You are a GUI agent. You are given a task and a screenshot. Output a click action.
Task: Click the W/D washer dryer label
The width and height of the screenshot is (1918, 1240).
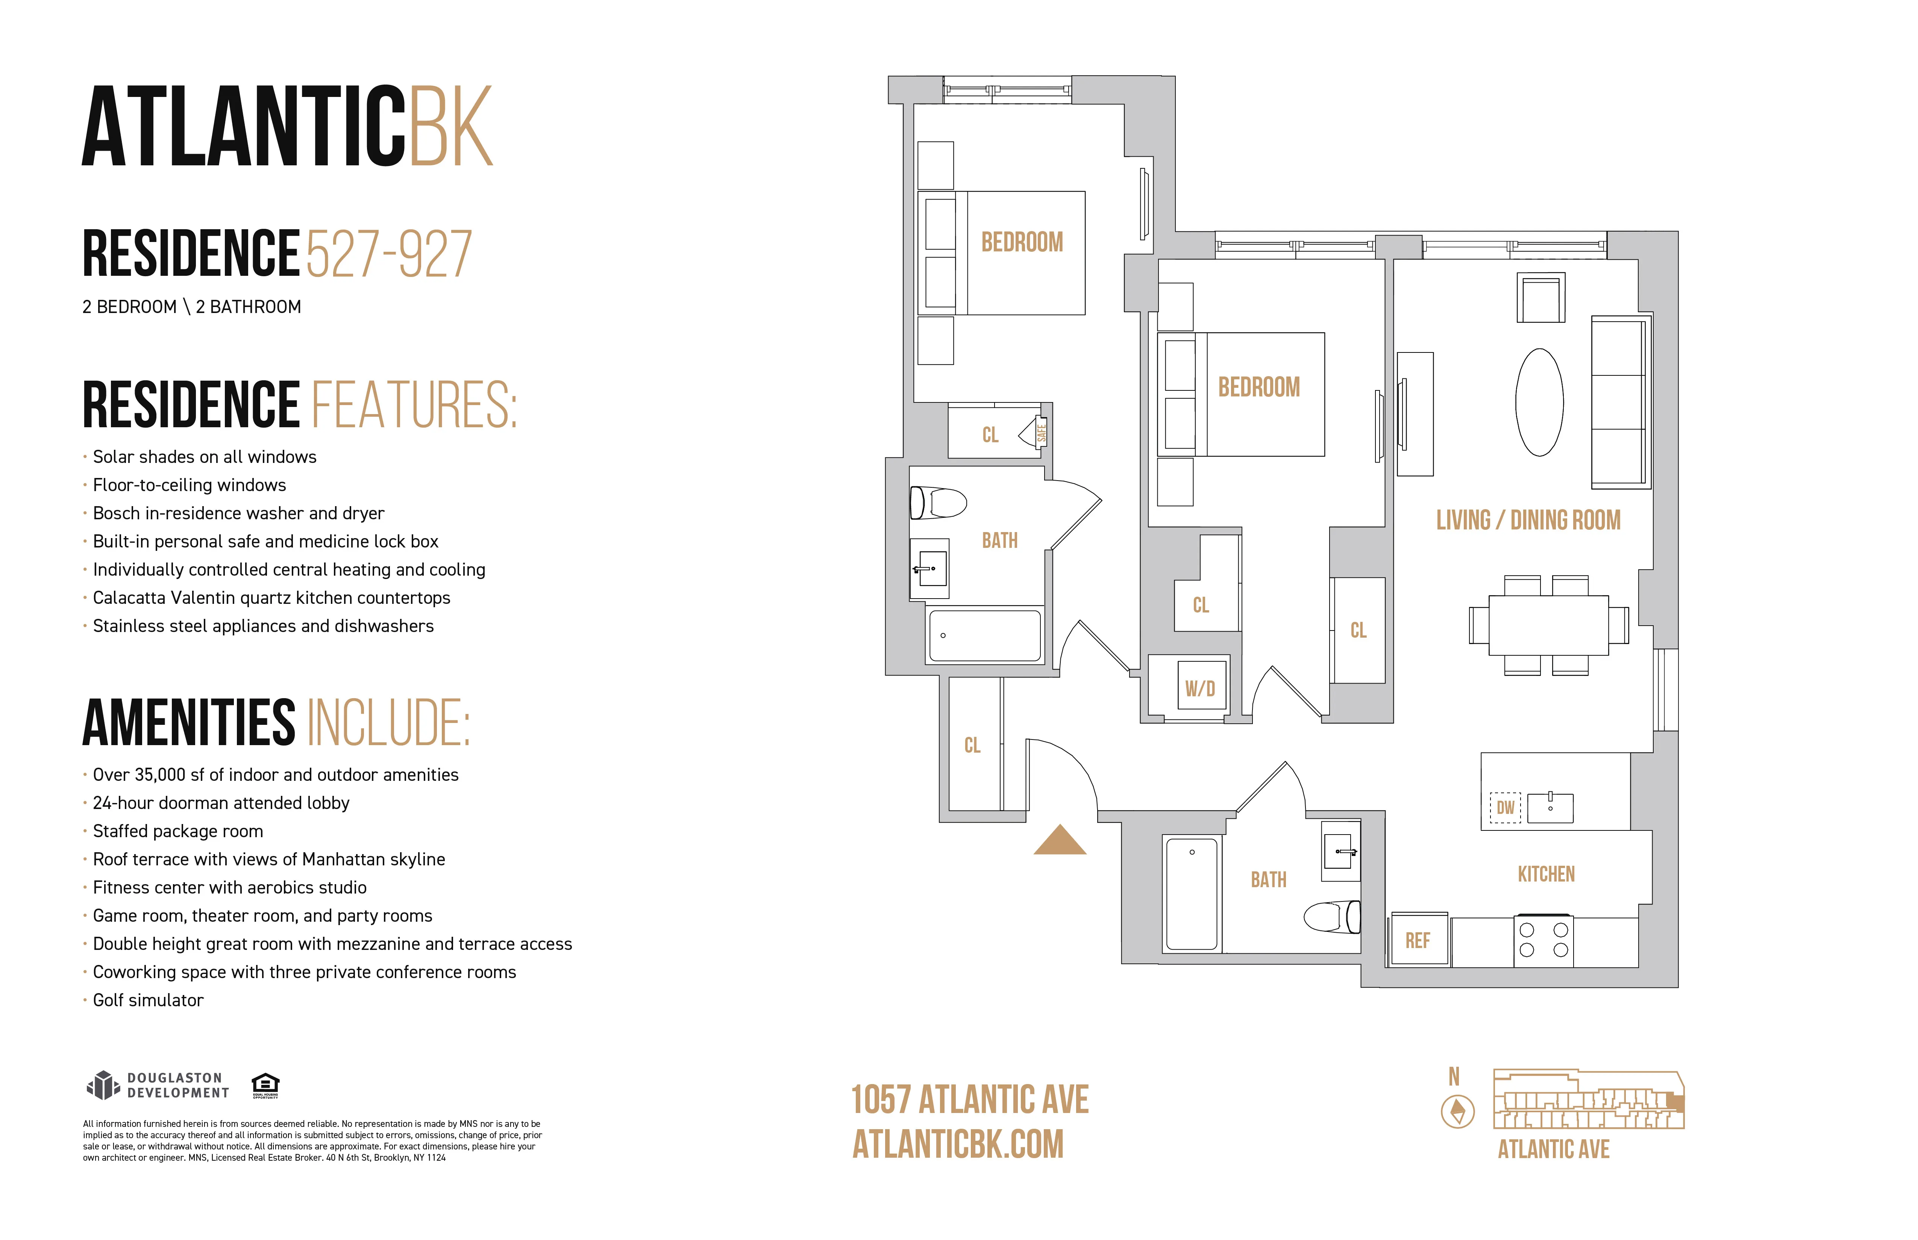point(1199,688)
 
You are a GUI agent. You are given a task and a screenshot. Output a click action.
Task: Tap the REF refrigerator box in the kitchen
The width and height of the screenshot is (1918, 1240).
point(1417,940)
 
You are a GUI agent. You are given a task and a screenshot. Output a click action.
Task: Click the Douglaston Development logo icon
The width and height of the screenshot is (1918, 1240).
point(102,1086)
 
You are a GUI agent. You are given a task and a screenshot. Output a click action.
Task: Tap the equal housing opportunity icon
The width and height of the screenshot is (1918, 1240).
point(265,1084)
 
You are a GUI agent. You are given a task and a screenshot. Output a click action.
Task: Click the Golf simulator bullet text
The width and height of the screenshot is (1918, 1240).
point(148,1000)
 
